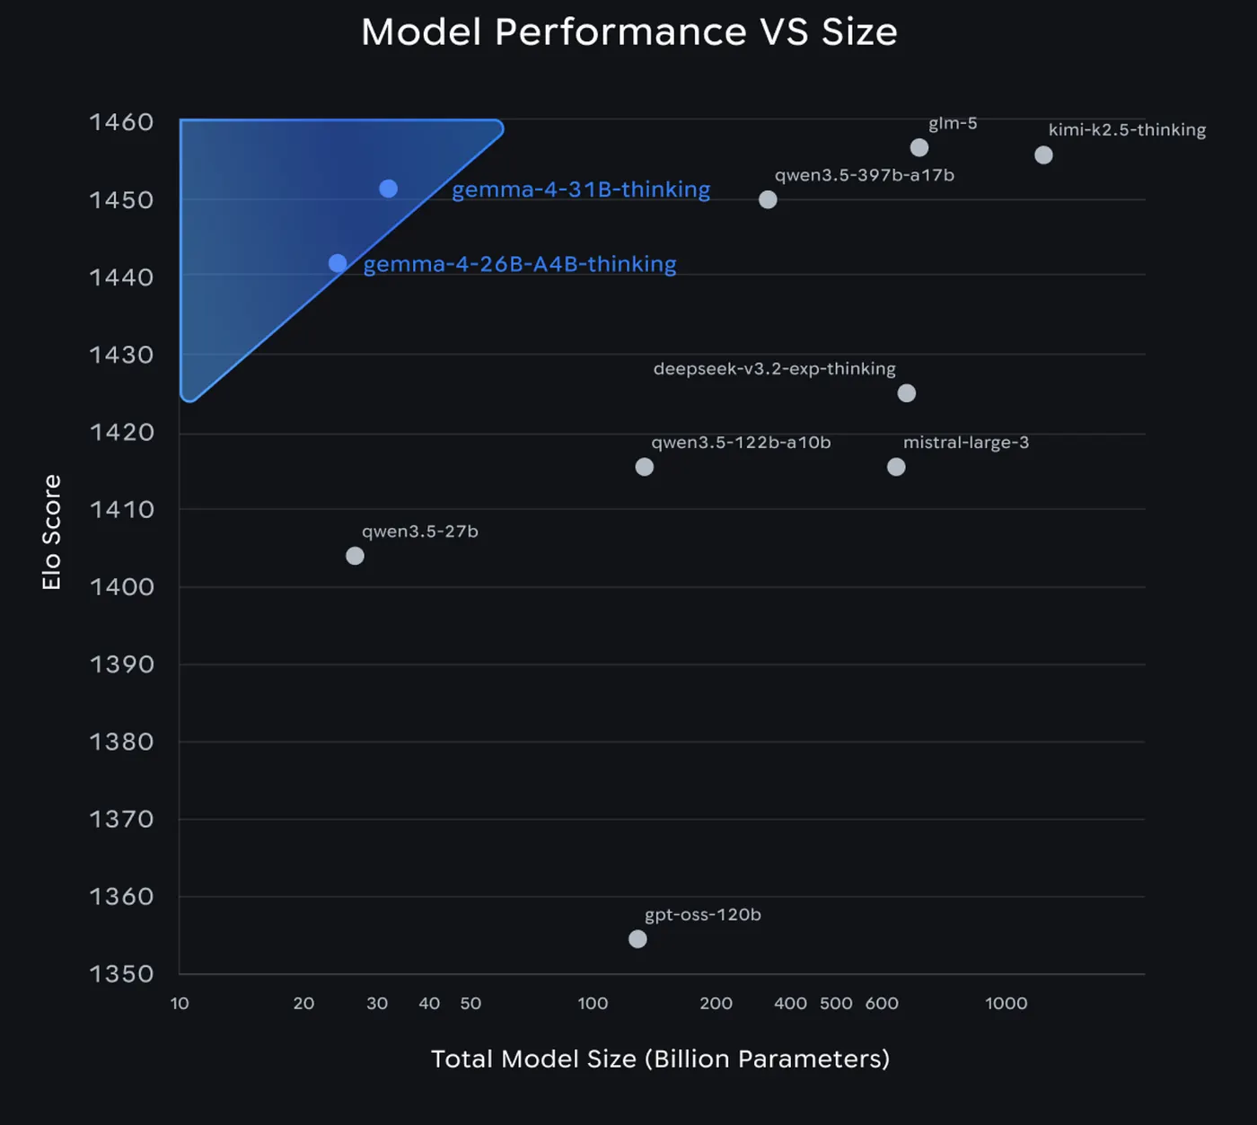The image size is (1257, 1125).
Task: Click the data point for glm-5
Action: coord(919,147)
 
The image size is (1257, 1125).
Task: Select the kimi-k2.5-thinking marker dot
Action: coord(1043,155)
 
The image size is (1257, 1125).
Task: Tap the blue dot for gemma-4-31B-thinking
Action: coord(388,189)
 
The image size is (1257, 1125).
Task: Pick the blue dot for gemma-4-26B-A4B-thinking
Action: coord(338,263)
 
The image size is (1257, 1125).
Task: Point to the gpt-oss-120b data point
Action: coord(637,939)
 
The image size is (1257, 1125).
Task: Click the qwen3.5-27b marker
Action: coord(355,556)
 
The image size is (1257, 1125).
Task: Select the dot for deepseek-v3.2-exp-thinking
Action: coord(907,393)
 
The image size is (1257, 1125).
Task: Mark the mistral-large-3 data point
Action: coord(896,467)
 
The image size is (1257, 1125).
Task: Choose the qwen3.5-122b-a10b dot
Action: coord(644,467)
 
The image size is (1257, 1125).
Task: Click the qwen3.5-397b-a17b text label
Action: coord(864,175)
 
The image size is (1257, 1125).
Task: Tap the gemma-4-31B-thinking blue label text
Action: coord(581,189)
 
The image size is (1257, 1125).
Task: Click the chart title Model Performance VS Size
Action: coord(628,32)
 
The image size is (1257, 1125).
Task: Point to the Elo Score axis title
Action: coord(51,532)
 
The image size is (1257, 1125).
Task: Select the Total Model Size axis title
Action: coord(660,1059)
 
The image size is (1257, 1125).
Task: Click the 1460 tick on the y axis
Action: coord(121,122)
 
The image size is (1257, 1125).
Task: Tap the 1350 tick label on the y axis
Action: coord(121,974)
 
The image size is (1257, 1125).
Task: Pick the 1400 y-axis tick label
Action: coord(121,587)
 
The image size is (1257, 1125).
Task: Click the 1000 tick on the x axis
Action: coord(1006,1004)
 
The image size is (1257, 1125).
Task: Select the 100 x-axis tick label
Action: coord(593,1004)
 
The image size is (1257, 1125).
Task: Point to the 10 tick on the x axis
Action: coord(180,1004)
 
